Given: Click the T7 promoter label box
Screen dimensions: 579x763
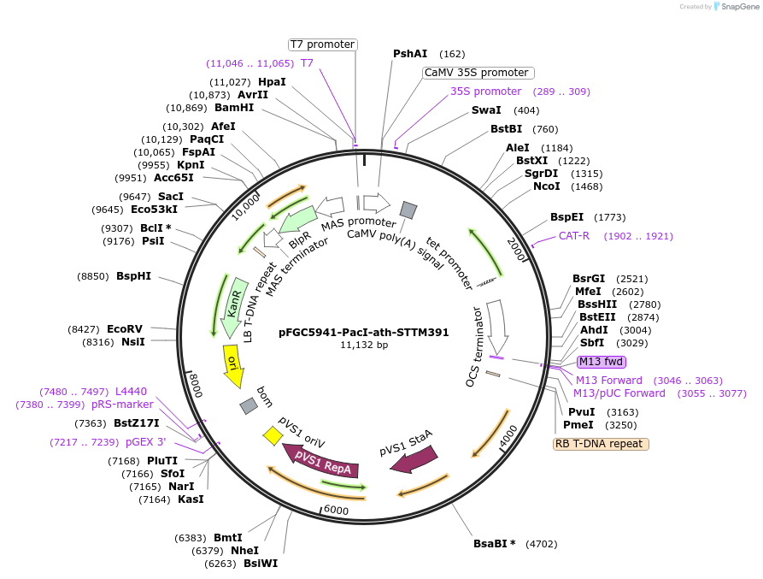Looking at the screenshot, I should (321, 44).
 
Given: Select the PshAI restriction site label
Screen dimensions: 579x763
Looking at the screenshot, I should (410, 54).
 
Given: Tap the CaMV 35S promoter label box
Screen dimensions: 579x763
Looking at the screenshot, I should (477, 73).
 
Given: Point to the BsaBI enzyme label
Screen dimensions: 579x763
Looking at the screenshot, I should (494, 543).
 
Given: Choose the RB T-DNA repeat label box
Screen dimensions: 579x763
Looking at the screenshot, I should (601, 444).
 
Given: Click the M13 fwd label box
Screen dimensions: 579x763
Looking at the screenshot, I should (602, 362).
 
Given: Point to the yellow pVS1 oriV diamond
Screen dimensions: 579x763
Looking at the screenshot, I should (273, 435).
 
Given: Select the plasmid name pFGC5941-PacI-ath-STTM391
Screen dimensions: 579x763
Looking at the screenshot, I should (364, 333).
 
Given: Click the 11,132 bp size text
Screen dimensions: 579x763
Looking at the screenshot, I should (364, 346).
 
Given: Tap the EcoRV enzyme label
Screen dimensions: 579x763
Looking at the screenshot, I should (125, 328).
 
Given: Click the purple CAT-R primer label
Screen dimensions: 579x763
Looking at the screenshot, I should (574, 236).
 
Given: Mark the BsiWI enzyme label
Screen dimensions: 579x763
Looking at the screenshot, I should (261, 564).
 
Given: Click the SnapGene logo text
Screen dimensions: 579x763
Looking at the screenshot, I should (737, 7).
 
